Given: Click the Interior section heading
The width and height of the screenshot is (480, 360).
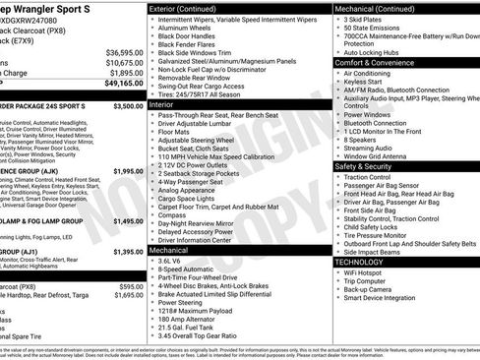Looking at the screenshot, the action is click(162, 102).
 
